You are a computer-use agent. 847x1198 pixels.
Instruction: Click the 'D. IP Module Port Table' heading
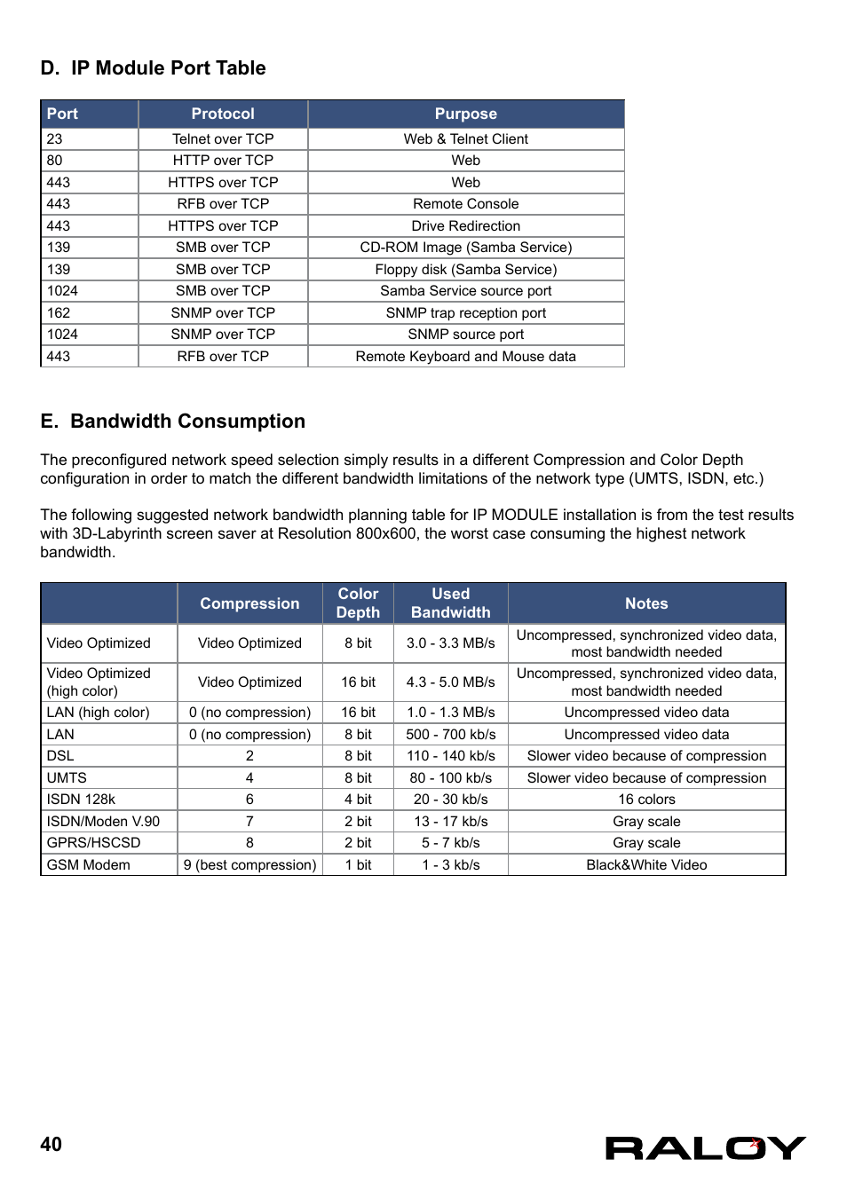pos(153,68)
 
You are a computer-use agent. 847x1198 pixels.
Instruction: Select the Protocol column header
pos(223,114)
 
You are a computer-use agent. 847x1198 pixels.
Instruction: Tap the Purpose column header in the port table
pos(465,114)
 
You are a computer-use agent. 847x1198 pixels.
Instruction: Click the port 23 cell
pos(55,139)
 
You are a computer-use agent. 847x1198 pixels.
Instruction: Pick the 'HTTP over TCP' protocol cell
pos(223,161)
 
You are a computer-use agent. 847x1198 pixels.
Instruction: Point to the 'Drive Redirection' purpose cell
pos(465,226)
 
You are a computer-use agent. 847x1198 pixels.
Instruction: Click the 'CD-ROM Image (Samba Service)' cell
pos(465,248)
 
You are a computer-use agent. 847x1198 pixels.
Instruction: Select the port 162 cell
pos(59,313)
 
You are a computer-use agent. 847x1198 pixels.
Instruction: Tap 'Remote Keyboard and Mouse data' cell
pos(465,357)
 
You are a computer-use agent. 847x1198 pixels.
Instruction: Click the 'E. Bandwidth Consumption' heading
pos(172,422)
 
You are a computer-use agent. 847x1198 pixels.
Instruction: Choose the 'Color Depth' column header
pos(358,603)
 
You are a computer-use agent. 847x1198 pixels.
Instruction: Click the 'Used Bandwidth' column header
pos(450,603)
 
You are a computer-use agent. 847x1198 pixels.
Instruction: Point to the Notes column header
pos(646,603)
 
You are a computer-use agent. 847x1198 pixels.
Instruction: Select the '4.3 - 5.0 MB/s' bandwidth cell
pos(450,682)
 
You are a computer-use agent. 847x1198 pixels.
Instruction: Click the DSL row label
pos(60,756)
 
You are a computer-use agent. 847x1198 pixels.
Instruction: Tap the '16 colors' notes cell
pos(646,800)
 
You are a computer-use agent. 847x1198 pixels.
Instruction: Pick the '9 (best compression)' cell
pos(249,865)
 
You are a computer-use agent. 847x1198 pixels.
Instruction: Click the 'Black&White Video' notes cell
pos(646,865)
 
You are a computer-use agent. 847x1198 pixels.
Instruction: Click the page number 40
pos(51,1145)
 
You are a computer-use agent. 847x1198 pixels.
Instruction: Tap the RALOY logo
pos(705,1148)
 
